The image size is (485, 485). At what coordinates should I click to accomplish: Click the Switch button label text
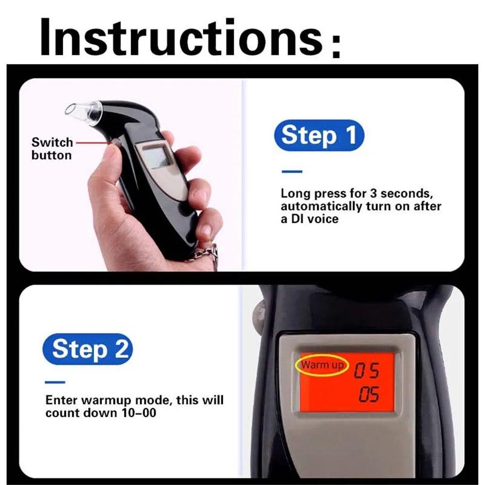point(51,149)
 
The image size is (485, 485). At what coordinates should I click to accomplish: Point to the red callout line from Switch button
point(92,143)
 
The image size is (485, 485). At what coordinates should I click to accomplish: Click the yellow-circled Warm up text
point(321,365)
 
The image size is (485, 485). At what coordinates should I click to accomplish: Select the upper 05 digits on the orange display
point(366,372)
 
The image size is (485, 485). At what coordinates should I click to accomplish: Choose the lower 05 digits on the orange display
point(369,395)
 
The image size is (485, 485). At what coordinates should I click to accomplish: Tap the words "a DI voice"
point(309,219)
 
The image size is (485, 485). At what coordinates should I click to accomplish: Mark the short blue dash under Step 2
point(55,382)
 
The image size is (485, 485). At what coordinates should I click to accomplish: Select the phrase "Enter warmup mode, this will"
point(134,401)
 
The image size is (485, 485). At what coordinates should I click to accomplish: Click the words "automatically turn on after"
point(361,206)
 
